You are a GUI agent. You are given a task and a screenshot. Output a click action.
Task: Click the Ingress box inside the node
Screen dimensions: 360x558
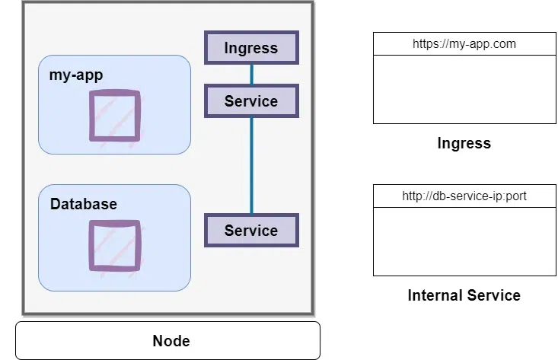click(x=251, y=49)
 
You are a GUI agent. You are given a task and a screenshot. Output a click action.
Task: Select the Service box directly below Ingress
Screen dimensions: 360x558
click(x=251, y=100)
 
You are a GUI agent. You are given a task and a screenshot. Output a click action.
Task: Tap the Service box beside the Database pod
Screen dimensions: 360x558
click(x=251, y=230)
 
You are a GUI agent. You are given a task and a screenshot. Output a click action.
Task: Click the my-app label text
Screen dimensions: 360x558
click(x=76, y=75)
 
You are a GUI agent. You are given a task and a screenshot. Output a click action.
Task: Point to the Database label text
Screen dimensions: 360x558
click(x=84, y=204)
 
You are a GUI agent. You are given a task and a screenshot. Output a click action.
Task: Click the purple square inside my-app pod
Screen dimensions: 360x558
click(x=114, y=116)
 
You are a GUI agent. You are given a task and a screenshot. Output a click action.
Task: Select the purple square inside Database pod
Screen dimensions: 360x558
click(x=114, y=246)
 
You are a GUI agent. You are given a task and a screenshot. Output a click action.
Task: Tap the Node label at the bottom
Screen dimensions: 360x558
click(x=171, y=340)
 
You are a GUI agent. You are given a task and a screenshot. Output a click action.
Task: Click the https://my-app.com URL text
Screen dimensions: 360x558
click(x=464, y=44)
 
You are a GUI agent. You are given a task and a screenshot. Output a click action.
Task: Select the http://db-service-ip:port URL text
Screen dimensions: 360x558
click(x=464, y=196)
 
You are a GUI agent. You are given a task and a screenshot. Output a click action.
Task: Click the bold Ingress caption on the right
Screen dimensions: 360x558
click(x=464, y=143)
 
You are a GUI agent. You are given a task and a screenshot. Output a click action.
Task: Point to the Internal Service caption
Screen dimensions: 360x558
click(x=464, y=295)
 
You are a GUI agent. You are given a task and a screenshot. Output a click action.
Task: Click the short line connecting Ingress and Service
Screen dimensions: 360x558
click(x=251, y=75)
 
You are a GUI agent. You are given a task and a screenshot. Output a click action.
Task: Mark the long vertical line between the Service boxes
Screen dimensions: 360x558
click(x=251, y=165)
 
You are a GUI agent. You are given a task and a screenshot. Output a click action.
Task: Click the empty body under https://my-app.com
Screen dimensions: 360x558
click(x=464, y=89)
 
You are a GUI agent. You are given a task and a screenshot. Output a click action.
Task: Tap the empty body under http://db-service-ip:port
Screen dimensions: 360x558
click(x=464, y=241)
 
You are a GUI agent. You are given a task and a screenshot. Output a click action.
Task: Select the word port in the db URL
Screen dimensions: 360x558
click(x=515, y=196)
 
